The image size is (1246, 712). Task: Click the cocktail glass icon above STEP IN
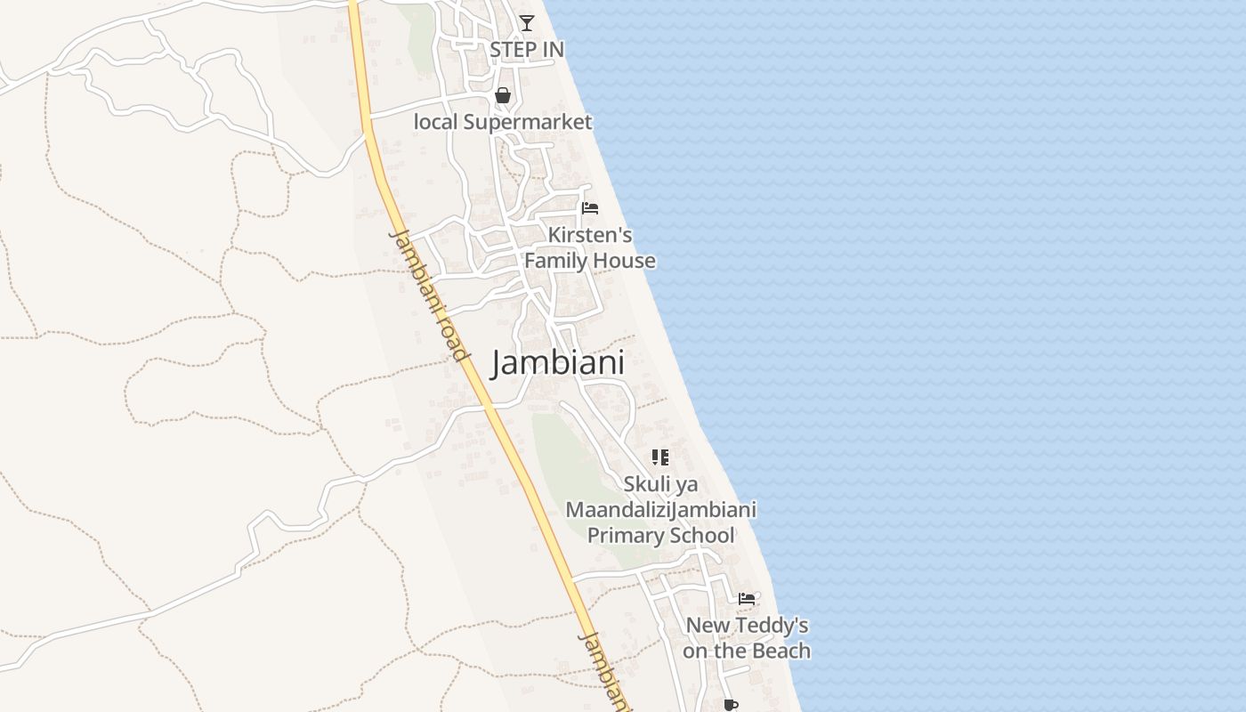(x=527, y=22)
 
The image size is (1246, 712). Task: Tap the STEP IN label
(x=527, y=50)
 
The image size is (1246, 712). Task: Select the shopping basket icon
(x=503, y=94)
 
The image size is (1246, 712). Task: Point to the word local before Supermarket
(x=434, y=122)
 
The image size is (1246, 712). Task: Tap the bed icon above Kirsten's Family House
(x=589, y=208)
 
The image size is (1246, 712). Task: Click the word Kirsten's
(x=590, y=235)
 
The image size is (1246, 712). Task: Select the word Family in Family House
(x=555, y=261)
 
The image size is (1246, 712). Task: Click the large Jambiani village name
(x=558, y=363)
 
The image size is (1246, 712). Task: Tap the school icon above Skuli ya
(x=659, y=457)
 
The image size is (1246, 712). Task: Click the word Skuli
(x=647, y=485)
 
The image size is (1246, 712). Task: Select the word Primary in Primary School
(x=623, y=536)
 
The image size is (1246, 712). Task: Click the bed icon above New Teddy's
(x=747, y=599)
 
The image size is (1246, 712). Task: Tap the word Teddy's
(x=773, y=626)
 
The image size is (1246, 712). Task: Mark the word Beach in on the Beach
(x=781, y=651)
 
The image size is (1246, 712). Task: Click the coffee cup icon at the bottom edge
(x=731, y=705)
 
